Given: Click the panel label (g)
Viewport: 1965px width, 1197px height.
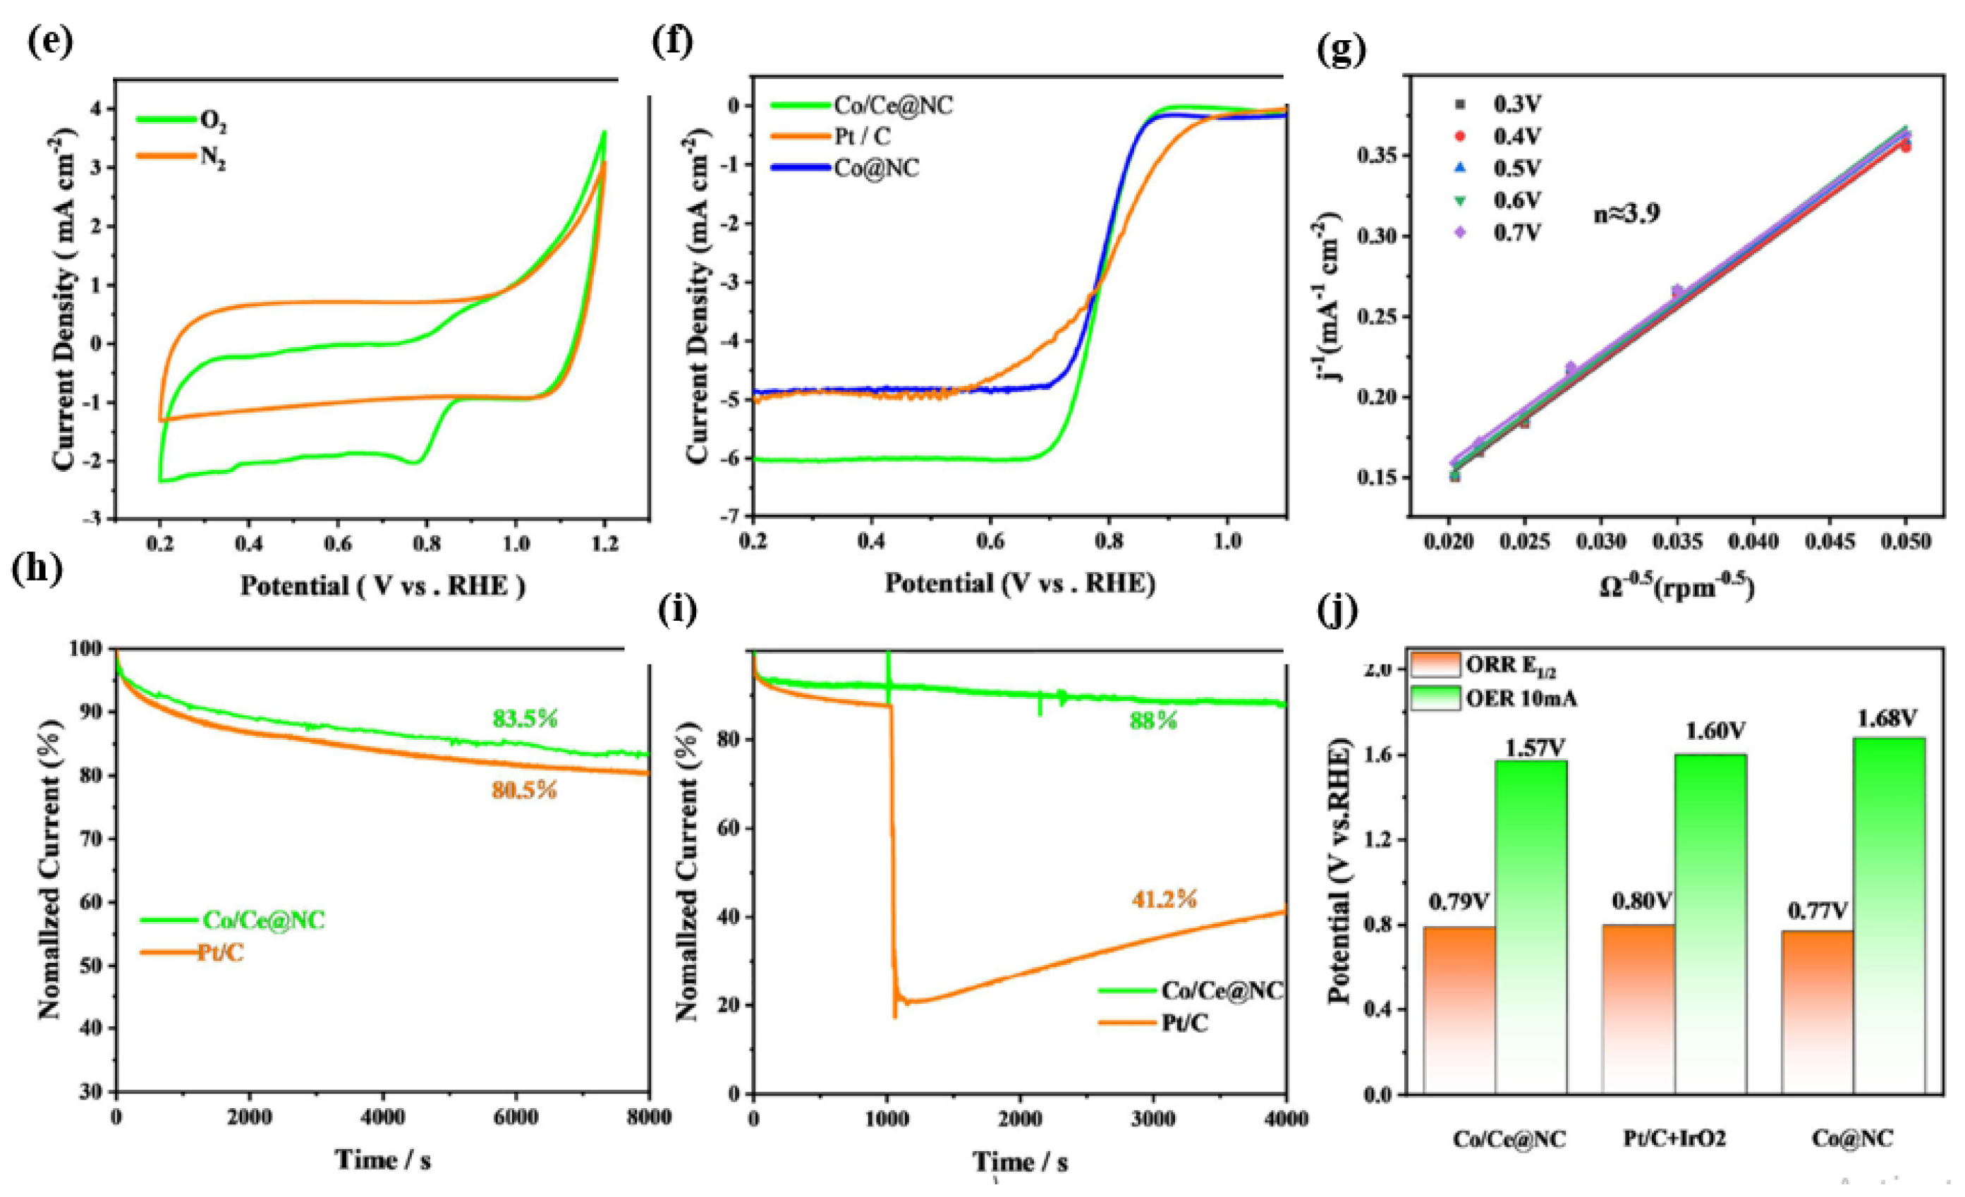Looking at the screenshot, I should (1342, 49).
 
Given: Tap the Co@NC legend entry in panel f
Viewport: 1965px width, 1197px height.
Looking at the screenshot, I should (875, 169).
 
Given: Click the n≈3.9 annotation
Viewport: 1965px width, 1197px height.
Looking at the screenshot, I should (1627, 214).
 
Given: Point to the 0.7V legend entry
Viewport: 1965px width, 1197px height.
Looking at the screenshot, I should (1517, 232).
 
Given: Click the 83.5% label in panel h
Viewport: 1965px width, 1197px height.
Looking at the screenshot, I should (525, 719).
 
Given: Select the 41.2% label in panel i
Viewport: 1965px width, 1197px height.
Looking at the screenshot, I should (1164, 900).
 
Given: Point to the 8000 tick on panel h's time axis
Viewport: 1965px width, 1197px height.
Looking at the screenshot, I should (647, 1117).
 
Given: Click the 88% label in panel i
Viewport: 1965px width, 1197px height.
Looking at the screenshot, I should (1152, 721).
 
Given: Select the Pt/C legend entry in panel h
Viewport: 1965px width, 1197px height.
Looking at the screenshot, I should (220, 952).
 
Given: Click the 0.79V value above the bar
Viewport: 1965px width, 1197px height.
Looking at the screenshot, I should (1459, 903).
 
